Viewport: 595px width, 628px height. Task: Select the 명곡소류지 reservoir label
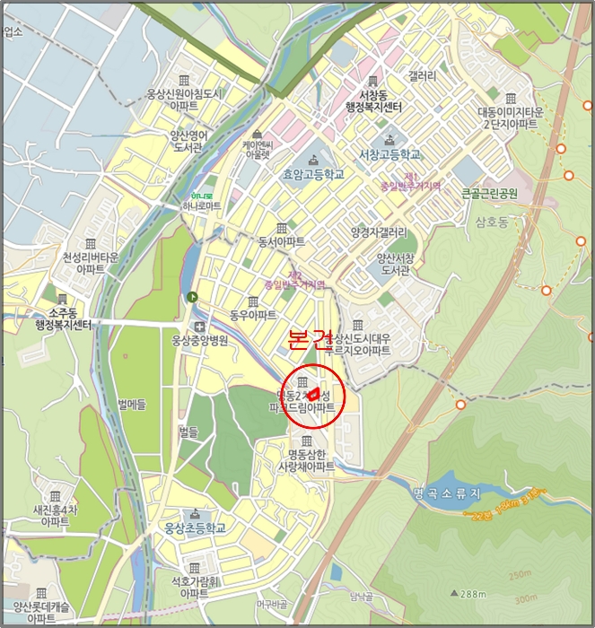pyautogui.click(x=447, y=493)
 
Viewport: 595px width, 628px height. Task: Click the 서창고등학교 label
pyautogui.click(x=389, y=154)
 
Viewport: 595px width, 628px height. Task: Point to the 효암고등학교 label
pyautogui.click(x=313, y=176)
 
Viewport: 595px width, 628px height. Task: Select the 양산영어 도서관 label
pyautogui.click(x=189, y=142)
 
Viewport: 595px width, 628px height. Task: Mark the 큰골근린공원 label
pyautogui.click(x=490, y=193)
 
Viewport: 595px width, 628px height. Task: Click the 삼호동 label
pyautogui.click(x=493, y=221)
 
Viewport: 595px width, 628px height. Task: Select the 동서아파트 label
pyautogui.click(x=281, y=242)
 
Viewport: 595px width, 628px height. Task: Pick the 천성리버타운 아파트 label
pyautogui.click(x=91, y=263)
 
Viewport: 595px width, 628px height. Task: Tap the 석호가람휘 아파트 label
pyautogui.click(x=194, y=588)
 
